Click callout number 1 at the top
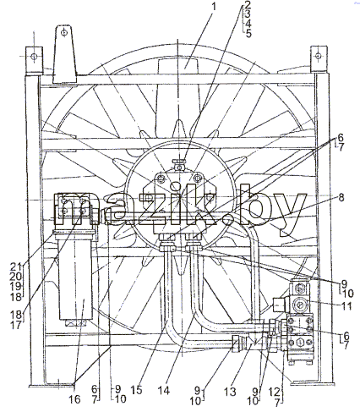click(x=214, y=6)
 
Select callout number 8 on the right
click(x=341, y=197)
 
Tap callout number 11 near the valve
click(x=347, y=306)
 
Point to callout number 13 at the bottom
click(x=230, y=392)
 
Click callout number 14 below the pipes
click(x=164, y=391)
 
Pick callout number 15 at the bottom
click(x=137, y=391)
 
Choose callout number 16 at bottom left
click(x=74, y=399)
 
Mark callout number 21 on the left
click(x=16, y=266)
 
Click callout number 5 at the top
click(x=248, y=34)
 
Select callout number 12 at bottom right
click(x=275, y=392)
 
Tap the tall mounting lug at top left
click(x=65, y=54)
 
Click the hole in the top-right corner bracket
click(x=319, y=56)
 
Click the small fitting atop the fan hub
click(x=179, y=164)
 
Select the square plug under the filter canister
click(x=75, y=323)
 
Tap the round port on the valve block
click(x=301, y=304)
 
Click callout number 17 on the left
click(x=16, y=325)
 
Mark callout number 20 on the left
click(x=16, y=276)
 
